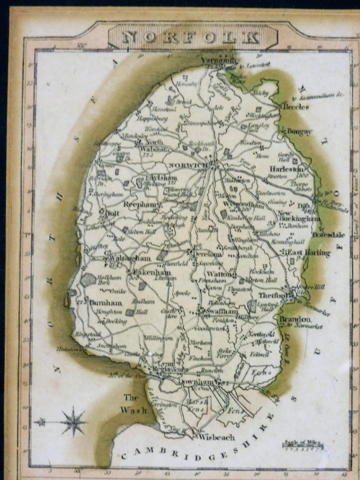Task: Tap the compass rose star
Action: [73, 422]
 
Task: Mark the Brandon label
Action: [295, 319]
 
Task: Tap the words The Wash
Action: [134, 404]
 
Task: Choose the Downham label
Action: [195, 382]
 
